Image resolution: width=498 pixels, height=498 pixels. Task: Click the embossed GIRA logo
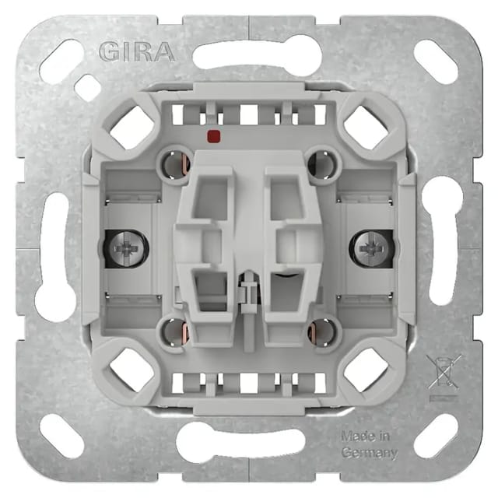pyautogui.click(x=137, y=52)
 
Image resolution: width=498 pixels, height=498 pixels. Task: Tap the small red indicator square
pyautogui.click(x=214, y=136)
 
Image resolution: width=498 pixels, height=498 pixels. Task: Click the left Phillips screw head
pyautogui.click(x=127, y=248)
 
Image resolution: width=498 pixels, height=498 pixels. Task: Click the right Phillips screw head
pyautogui.click(x=370, y=248)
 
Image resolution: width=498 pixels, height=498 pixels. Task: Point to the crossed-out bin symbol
pyautogui.click(x=444, y=372)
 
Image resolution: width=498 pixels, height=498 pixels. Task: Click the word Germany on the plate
pyautogui.click(x=370, y=453)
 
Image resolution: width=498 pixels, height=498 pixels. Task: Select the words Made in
pyautogui.click(x=365, y=436)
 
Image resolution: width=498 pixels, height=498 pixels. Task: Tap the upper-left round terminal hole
pyautogui.click(x=174, y=165)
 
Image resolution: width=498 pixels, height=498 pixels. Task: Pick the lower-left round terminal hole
pyautogui.click(x=175, y=333)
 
